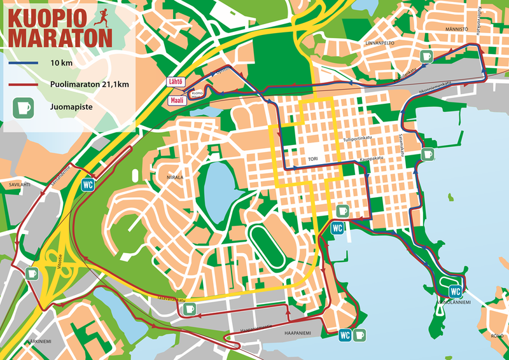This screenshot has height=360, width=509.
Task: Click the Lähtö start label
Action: (x=176, y=81)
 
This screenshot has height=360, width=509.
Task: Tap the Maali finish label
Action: (x=176, y=100)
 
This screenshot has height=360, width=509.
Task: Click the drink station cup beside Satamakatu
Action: (x=428, y=155)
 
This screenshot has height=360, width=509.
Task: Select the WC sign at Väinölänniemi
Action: (x=455, y=291)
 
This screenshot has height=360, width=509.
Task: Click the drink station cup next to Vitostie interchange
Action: (x=32, y=273)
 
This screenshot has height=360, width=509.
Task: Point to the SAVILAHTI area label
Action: (x=18, y=184)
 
